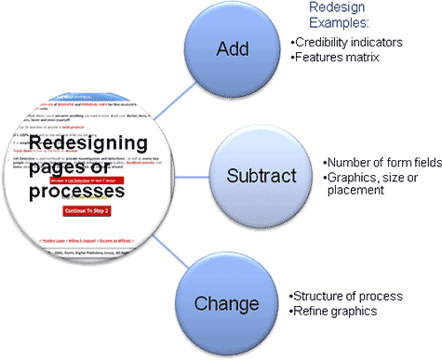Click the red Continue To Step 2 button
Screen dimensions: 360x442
pos(87,211)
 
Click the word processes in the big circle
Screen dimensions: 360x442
pos(75,191)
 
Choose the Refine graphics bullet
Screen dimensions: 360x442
pos(334,311)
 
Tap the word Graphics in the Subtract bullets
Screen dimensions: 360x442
pos(353,176)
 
